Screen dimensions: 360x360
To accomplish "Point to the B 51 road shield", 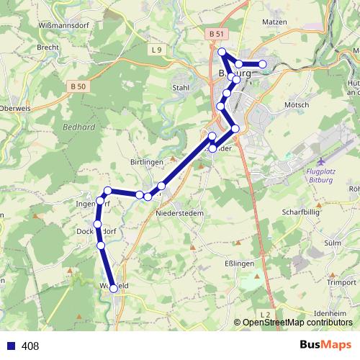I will (x=213, y=34).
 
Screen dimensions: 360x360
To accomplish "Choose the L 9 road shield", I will (x=158, y=50).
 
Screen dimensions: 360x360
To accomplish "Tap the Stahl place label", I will (x=181, y=88).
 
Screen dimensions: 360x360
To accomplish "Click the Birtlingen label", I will (x=150, y=163).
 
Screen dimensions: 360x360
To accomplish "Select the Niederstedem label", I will (x=179, y=213).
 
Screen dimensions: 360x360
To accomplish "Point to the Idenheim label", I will (x=331, y=314).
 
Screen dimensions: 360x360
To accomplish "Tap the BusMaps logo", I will (x=325, y=346).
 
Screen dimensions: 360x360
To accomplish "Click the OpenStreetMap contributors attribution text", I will (x=297, y=323).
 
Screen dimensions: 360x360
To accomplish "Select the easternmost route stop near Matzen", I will (x=263, y=64).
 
